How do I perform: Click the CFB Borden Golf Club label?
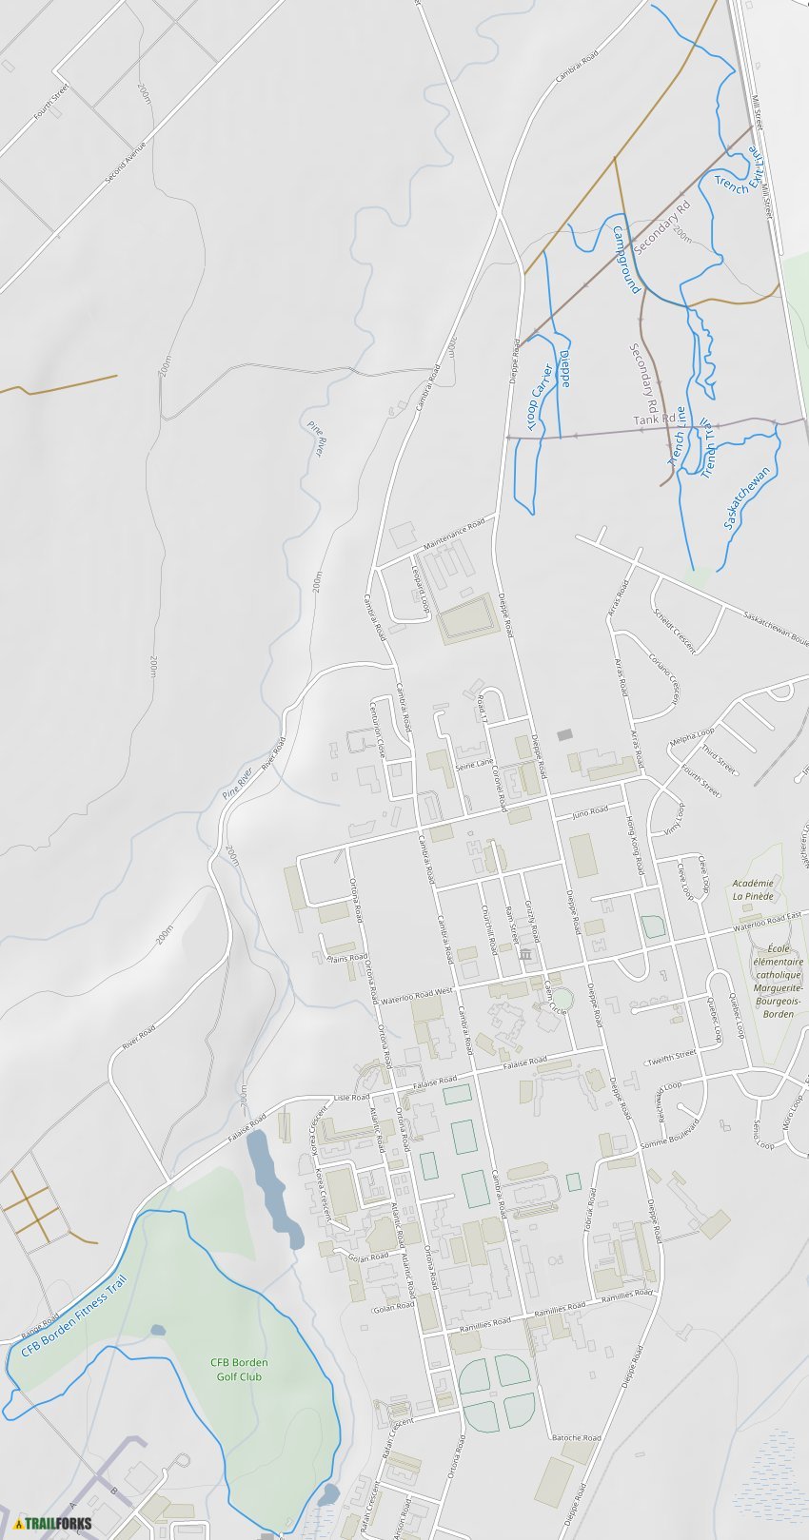click(239, 1369)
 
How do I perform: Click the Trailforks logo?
click(53, 1523)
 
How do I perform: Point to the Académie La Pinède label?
click(753, 889)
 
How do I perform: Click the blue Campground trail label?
click(627, 259)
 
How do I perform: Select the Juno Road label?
click(590, 811)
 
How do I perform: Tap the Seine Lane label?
click(475, 763)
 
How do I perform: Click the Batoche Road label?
click(576, 1437)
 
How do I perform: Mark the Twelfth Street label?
click(672, 1057)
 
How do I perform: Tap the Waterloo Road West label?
click(417, 995)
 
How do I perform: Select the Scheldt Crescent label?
click(675, 631)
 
